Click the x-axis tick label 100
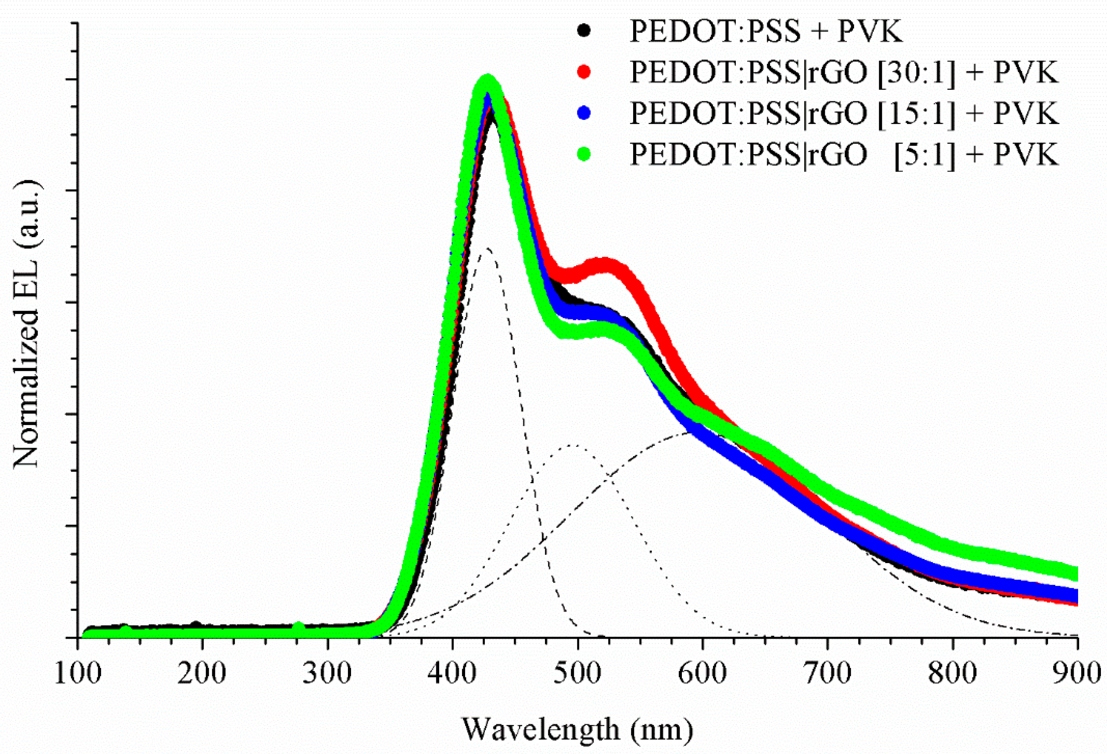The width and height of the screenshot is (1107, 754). click(78, 673)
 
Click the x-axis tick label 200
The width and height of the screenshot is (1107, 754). click(202, 673)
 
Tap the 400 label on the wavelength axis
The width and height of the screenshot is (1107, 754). click(452, 673)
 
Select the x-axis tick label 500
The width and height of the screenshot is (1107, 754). click(577, 673)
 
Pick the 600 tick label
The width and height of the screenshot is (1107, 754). click(702, 673)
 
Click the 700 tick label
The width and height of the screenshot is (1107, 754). click(827, 673)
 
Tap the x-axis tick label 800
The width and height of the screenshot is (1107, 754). click(953, 673)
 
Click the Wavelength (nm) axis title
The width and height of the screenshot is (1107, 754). click(577, 729)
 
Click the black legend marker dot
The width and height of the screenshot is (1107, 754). click(583, 30)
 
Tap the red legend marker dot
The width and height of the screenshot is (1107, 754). click(583, 72)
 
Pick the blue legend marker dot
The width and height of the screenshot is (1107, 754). click(583, 113)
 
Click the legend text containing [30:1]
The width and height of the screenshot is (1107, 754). click(843, 72)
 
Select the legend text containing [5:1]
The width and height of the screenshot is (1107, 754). click(843, 154)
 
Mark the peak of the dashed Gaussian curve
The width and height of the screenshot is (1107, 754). click(487, 248)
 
